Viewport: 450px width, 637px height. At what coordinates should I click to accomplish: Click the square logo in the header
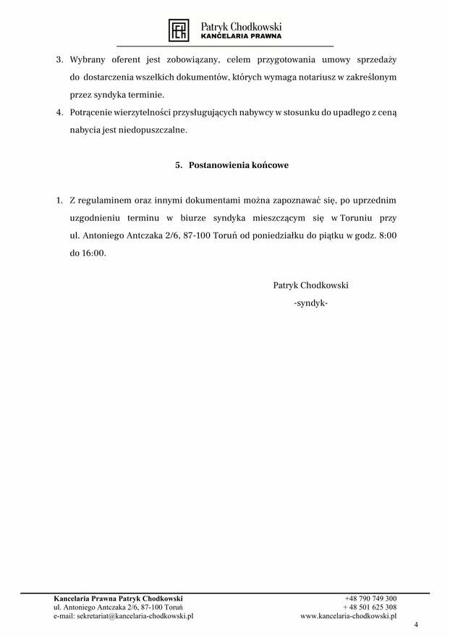click(179, 30)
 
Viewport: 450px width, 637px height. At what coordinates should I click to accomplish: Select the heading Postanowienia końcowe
click(238, 165)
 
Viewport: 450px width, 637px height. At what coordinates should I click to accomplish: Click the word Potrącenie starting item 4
click(95, 114)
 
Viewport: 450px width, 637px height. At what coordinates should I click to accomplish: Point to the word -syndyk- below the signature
click(311, 303)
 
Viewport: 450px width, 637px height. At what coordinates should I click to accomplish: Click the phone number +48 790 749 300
click(370, 599)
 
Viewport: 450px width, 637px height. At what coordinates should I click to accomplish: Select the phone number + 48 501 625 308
click(370, 607)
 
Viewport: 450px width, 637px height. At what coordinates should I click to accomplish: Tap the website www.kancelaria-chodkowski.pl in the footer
click(349, 616)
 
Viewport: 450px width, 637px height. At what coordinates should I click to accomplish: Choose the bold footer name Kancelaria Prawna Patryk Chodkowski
click(119, 599)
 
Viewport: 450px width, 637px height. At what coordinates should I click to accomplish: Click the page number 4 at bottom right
click(416, 624)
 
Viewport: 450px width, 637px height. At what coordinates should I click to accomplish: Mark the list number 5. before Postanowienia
click(179, 165)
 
